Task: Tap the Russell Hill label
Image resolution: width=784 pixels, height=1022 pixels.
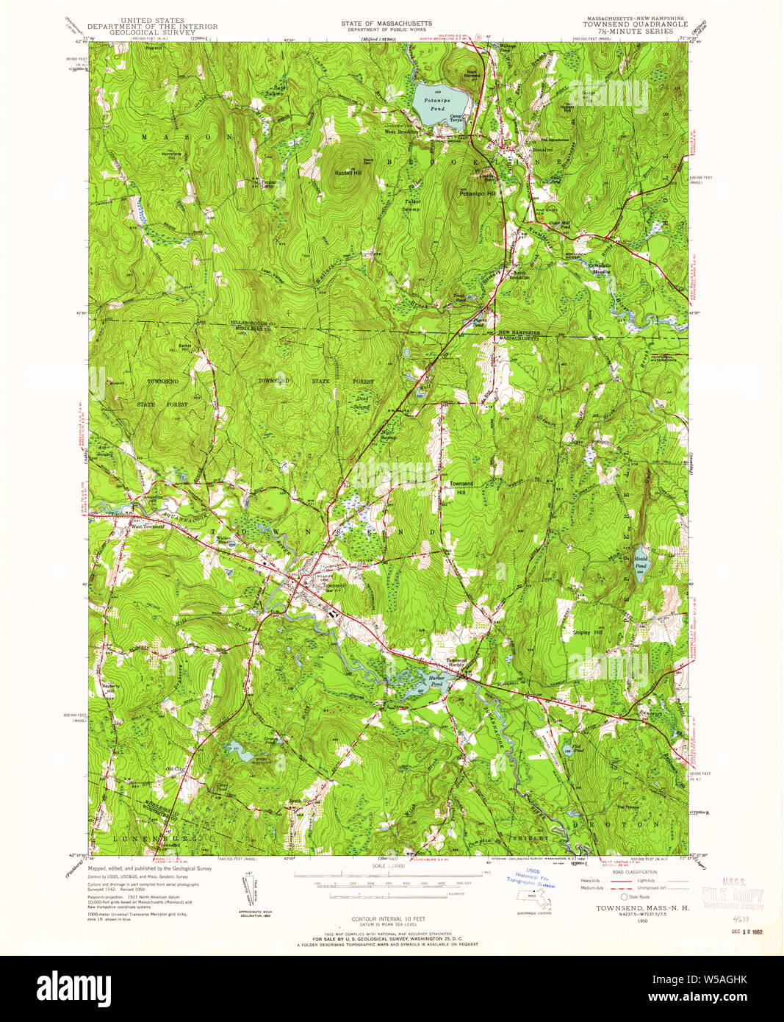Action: [x=349, y=174]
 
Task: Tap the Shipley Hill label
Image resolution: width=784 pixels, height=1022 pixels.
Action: [x=582, y=632]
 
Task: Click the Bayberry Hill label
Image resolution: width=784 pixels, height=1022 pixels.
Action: [x=110, y=688]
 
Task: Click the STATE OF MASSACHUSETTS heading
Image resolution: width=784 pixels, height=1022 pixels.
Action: [x=386, y=24]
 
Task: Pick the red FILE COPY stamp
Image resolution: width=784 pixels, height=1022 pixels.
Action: [x=732, y=896]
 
